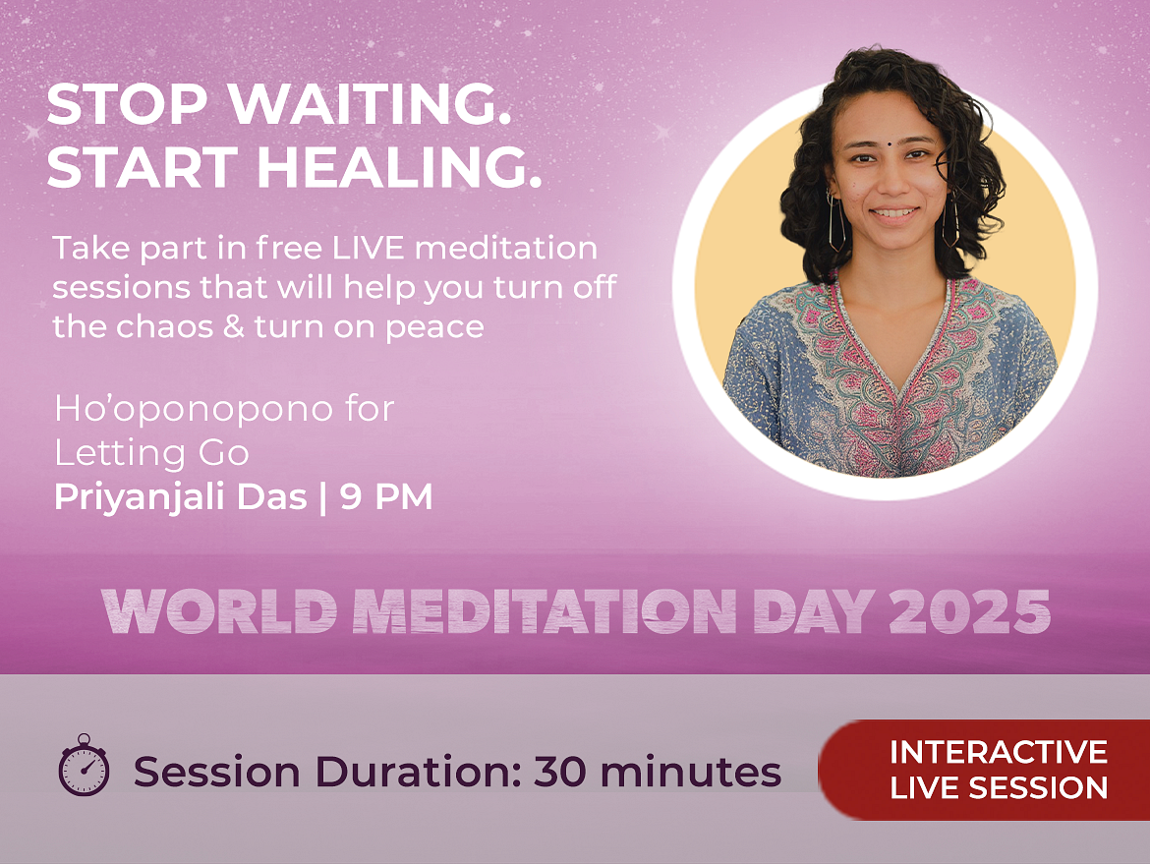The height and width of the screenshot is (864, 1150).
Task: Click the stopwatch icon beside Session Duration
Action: click(84, 765)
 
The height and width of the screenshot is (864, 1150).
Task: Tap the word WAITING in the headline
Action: click(370, 104)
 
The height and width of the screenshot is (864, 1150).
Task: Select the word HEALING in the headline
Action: click(399, 167)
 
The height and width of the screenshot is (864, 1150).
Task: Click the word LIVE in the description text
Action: click(369, 248)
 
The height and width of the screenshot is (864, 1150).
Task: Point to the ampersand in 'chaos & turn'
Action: click(233, 326)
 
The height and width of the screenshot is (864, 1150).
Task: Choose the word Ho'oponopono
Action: click(194, 409)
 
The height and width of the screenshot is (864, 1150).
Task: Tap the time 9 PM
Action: click(386, 496)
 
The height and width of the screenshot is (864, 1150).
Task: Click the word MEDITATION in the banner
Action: click(545, 611)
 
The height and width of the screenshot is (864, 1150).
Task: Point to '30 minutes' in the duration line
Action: click(658, 772)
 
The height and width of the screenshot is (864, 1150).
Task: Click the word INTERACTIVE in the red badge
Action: click(999, 752)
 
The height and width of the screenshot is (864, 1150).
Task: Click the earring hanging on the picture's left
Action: click(836, 221)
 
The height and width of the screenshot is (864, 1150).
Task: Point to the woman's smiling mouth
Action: click(894, 214)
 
